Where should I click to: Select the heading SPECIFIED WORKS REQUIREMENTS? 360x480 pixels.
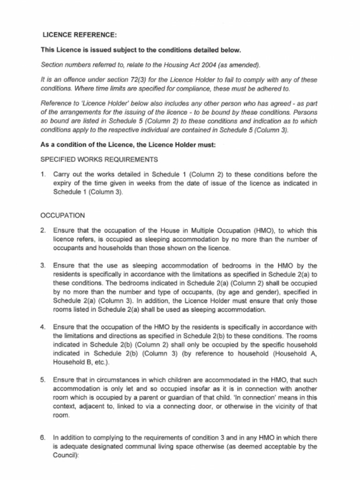[x=99, y=159]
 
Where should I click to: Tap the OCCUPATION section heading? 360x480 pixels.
[x=63, y=216]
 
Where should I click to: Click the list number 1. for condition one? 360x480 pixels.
[x=43, y=174]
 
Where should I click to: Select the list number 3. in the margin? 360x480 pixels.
[x=43, y=265]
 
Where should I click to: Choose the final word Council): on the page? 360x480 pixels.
[x=65, y=455]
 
